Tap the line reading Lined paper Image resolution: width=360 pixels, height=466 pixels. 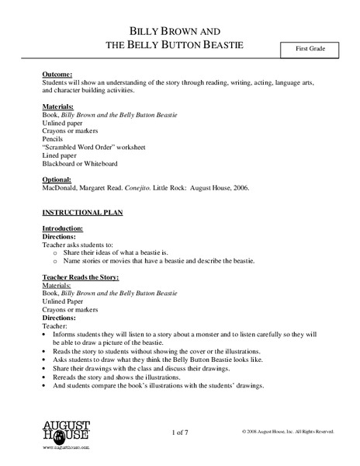click(x=58, y=155)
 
